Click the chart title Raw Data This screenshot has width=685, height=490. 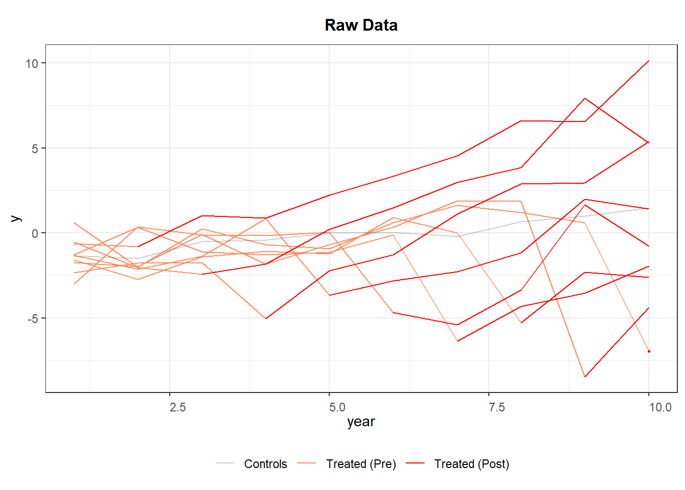pos(361,25)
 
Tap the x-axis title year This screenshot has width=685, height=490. pos(361,422)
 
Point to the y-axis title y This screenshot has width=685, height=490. pos(15,218)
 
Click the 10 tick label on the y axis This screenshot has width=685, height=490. pos(32,63)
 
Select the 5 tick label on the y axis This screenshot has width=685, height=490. pos(35,149)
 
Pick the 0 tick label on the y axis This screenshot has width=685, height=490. pos(35,233)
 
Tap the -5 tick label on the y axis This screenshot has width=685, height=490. pos(33,318)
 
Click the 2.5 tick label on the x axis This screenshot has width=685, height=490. pos(177,407)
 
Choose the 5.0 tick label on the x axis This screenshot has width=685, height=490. pos(337,407)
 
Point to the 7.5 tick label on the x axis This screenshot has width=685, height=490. pos(496,407)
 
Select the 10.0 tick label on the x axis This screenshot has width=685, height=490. pos(660,407)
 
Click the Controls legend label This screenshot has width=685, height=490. pos(265,464)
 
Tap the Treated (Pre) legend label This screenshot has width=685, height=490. pos(361,464)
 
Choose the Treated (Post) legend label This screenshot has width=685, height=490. pos(471,464)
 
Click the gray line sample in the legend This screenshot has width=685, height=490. pos(225,463)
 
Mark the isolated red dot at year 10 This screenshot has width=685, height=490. pos(649,351)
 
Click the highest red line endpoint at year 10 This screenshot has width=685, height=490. pos(649,61)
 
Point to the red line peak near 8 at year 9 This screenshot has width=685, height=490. pos(585,99)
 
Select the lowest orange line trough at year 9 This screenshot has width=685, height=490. pos(585,377)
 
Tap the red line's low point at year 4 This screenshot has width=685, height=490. pos(266,318)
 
